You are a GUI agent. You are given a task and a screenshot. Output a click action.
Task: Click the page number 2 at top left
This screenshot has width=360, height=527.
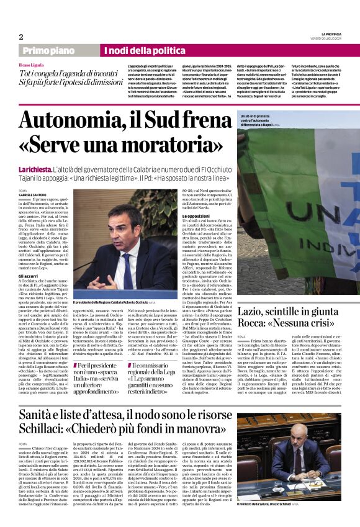tap(21, 37)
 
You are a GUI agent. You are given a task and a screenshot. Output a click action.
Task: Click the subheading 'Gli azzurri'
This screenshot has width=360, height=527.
tap(29, 275)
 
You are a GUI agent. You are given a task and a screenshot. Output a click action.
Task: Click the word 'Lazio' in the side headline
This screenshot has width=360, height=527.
tap(254, 309)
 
